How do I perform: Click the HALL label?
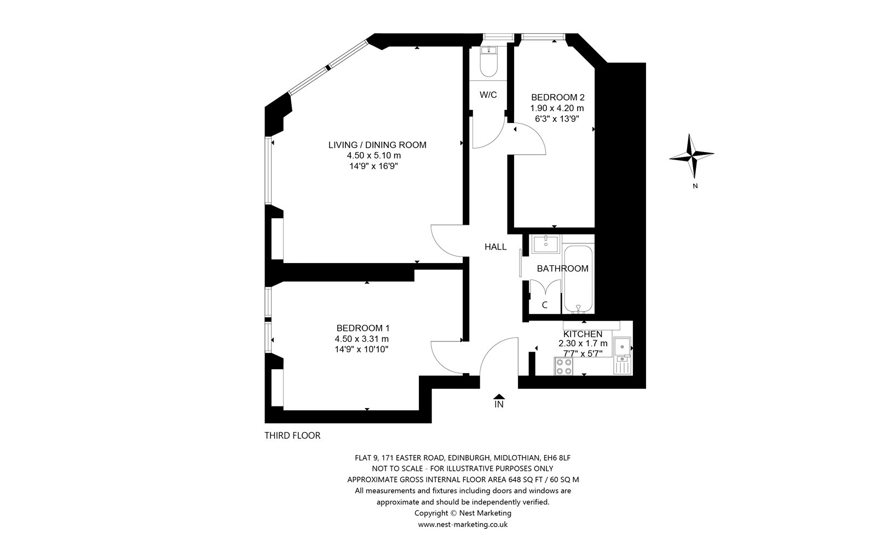click(x=495, y=247)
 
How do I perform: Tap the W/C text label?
click(x=488, y=95)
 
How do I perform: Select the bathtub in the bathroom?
click(x=578, y=279)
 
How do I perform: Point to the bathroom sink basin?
click(x=545, y=244)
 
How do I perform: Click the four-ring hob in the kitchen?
click(x=563, y=366)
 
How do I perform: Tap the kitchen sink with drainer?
click(x=622, y=356)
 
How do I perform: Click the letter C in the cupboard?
click(x=544, y=305)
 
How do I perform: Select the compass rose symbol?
click(x=692, y=156)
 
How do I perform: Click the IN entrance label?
click(x=499, y=404)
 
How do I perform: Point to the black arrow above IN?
click(x=499, y=396)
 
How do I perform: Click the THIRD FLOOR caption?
click(x=292, y=435)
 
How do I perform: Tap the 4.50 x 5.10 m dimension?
click(x=374, y=155)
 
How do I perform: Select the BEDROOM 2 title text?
click(x=558, y=97)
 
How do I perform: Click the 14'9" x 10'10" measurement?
click(x=362, y=350)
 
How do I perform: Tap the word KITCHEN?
click(x=583, y=334)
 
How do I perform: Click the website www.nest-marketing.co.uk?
click(x=463, y=525)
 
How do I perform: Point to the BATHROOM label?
click(x=562, y=269)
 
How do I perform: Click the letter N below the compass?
click(x=695, y=187)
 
